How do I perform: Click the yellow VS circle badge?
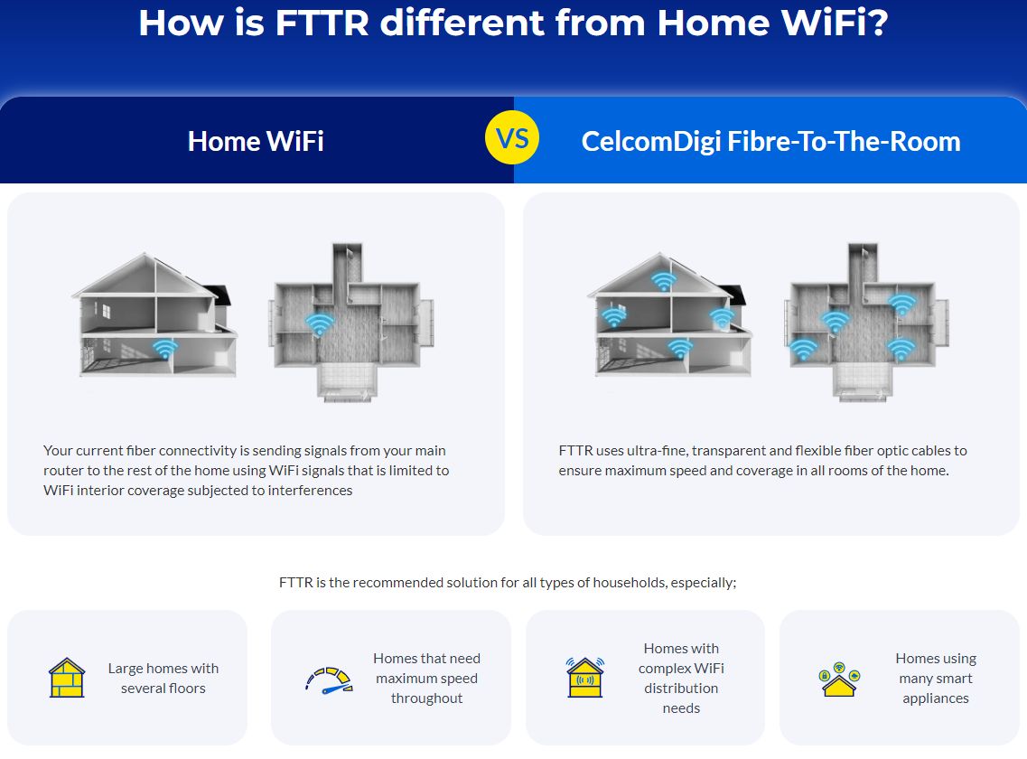click(x=512, y=139)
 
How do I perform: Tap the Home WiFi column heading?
click(x=256, y=141)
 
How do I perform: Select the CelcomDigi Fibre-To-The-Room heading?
click(x=770, y=141)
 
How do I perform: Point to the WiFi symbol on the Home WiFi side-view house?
click(x=164, y=348)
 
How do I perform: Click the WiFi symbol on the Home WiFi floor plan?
click(x=319, y=323)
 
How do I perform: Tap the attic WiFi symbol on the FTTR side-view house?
click(x=663, y=281)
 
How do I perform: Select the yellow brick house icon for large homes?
click(x=67, y=678)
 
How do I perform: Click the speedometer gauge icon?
click(x=328, y=679)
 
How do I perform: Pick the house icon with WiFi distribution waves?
click(x=584, y=678)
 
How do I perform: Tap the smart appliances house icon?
click(x=840, y=679)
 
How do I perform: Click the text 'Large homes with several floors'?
click(x=163, y=678)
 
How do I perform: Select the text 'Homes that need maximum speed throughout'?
click(x=426, y=678)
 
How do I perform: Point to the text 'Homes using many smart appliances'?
click(x=936, y=678)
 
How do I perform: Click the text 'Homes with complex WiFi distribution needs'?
click(x=681, y=678)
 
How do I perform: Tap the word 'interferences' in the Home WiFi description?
click(x=310, y=490)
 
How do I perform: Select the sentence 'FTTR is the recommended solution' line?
click(x=508, y=582)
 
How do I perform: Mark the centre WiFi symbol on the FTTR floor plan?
click(x=836, y=321)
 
